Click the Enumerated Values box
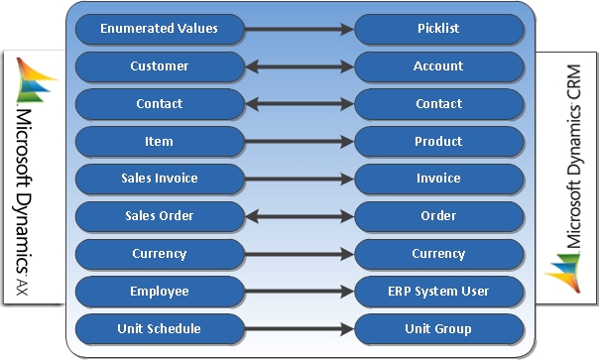pyautogui.click(x=160, y=29)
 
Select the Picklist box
pyautogui.click(x=437, y=29)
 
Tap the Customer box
pyautogui.click(x=160, y=66)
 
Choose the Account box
pyautogui.click(x=437, y=66)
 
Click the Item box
pyautogui.click(x=160, y=142)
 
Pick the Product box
pyautogui.click(x=437, y=142)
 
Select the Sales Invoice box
pyautogui.click(x=160, y=179)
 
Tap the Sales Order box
pyautogui.click(x=160, y=216)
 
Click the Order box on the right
pyautogui.click(x=437, y=216)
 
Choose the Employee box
pyautogui.click(x=160, y=292)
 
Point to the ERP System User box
pyautogui.click(x=437, y=292)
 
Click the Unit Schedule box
pyautogui.click(x=160, y=328)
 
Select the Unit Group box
pyautogui.click(x=437, y=328)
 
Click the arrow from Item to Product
pyautogui.click(x=299, y=142)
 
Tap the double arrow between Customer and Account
pyautogui.click(x=299, y=66)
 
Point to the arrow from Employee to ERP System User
pyautogui.click(x=299, y=292)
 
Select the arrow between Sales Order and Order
pyautogui.click(x=299, y=216)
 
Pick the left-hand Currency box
pyautogui.click(x=160, y=254)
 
